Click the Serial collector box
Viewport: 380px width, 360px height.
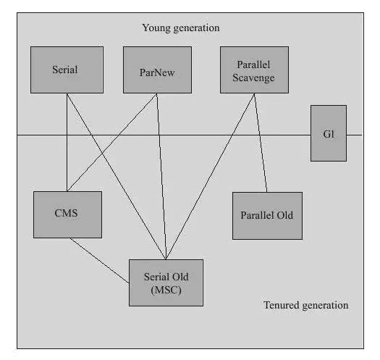67,70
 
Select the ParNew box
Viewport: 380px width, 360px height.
157,70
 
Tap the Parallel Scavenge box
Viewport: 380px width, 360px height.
254,70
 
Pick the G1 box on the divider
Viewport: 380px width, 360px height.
329,133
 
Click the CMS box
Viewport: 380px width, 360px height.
67,214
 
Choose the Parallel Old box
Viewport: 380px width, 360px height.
267,216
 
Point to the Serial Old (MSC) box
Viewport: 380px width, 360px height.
166,282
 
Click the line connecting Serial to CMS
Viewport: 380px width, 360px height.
67,143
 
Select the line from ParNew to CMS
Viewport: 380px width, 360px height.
112,143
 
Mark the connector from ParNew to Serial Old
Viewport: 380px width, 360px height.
161,176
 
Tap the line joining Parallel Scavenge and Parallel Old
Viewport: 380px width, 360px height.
261,143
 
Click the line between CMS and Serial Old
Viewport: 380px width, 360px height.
100,260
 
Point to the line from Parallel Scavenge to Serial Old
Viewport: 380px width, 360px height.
210,176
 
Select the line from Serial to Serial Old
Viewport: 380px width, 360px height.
117,176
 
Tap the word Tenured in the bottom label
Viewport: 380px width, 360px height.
282,305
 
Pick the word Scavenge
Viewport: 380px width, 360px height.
253,78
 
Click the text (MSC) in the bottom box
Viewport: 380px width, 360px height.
166,290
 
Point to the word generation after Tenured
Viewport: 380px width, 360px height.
325,306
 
